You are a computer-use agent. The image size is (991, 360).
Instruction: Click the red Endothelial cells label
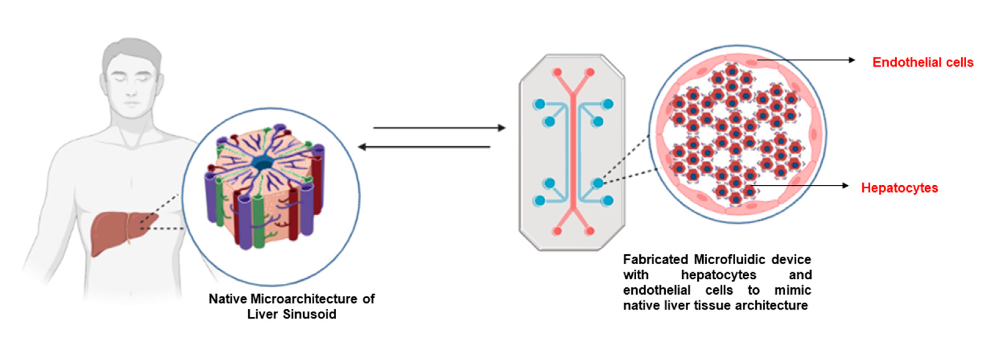pyautogui.click(x=923, y=62)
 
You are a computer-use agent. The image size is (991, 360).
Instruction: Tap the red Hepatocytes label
pyautogui.click(x=899, y=188)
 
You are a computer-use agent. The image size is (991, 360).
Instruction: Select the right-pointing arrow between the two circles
pyautogui.click(x=439, y=128)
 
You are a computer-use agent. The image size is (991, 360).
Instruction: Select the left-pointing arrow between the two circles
pyautogui.click(x=423, y=147)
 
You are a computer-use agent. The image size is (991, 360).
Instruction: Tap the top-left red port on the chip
pyautogui.click(x=557, y=72)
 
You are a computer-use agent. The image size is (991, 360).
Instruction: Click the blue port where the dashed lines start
pyautogui.click(x=598, y=184)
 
